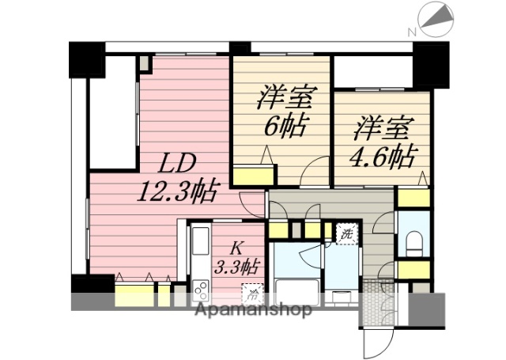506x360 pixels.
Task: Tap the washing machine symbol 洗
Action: click(x=346, y=233)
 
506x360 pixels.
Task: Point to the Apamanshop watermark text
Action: click(x=252, y=309)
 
